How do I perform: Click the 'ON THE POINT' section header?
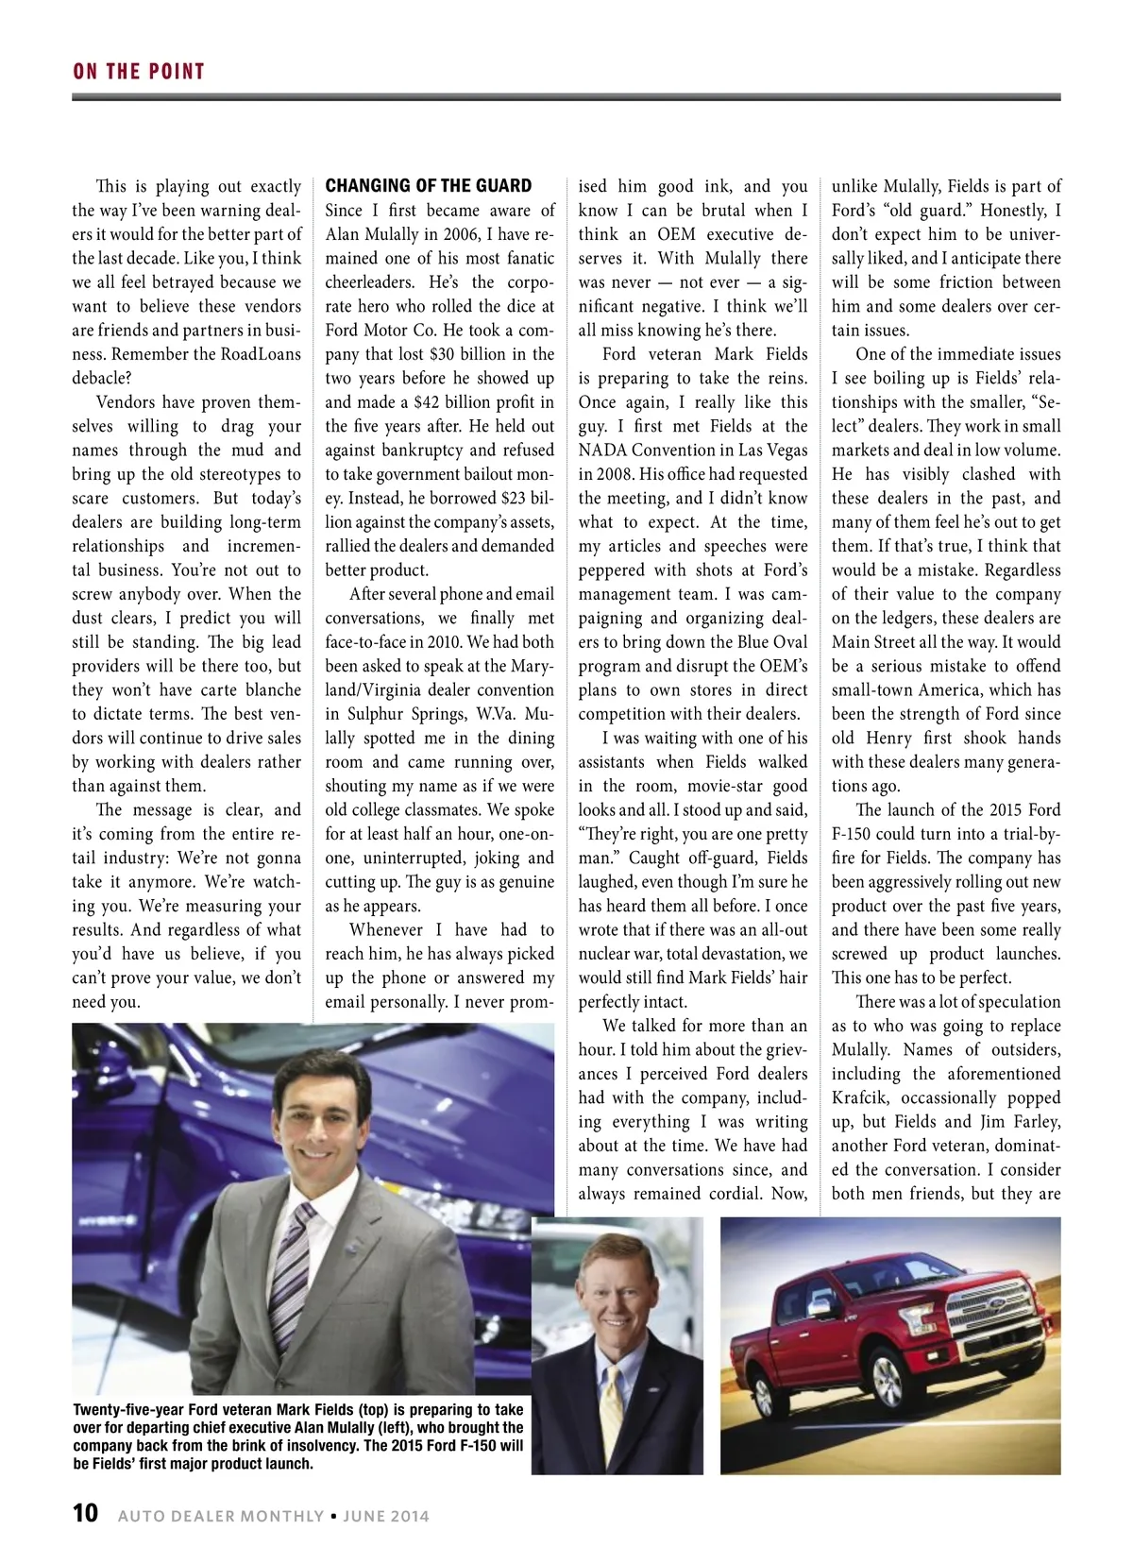139,72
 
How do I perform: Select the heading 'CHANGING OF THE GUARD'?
429,186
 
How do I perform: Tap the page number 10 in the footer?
85,1514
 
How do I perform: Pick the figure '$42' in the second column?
430,402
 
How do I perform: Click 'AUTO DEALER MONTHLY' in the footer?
221,1516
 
